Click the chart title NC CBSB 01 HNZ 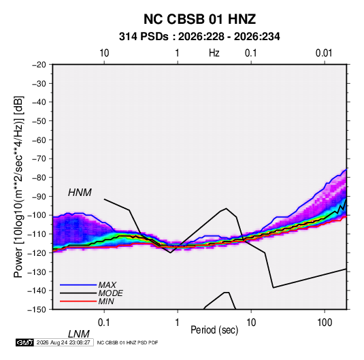coord(199,19)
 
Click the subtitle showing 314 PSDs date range coord(199,37)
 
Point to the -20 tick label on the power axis coord(39,65)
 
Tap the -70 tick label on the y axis coord(39,159)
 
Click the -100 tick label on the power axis coord(37,215)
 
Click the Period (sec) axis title coord(214,330)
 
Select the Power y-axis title coord(18,186)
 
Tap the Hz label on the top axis coord(214,53)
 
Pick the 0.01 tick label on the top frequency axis coord(324,53)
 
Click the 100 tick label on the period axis coord(325,322)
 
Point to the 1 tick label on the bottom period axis coord(177,322)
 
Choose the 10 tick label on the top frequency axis coord(104,53)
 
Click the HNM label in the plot coord(80,193)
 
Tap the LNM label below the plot coord(78,334)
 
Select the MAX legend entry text coord(107,284)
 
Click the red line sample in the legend coord(78,301)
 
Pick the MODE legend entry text coord(110,293)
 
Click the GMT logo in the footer coord(25,342)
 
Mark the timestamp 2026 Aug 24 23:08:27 coord(63,342)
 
